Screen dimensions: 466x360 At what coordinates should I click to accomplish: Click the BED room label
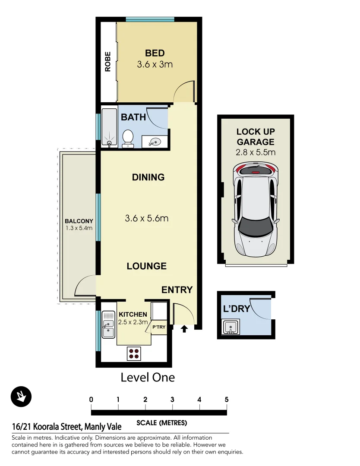tap(155, 53)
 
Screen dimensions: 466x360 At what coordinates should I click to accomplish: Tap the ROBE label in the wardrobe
tap(108, 61)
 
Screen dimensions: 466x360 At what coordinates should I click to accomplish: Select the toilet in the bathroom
tap(128, 139)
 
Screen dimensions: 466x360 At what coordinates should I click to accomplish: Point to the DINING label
tap(148, 177)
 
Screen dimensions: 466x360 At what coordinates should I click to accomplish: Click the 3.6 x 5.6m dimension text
tap(146, 218)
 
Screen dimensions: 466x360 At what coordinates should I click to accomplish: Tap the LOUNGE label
tap(146, 266)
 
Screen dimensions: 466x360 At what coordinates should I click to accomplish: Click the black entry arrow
tap(184, 329)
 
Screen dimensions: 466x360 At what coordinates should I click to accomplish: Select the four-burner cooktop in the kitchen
tap(134, 353)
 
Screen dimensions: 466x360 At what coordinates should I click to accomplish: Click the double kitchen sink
tap(108, 326)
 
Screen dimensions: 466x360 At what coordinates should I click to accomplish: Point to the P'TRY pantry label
tap(159, 327)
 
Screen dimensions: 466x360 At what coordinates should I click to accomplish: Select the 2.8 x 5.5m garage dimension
tap(256, 152)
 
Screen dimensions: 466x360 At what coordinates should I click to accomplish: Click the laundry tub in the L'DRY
tap(230, 327)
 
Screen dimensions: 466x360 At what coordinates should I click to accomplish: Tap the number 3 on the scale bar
tap(172, 400)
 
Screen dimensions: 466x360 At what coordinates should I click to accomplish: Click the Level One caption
tap(148, 378)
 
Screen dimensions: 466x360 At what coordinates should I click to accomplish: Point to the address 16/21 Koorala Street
tap(67, 427)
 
